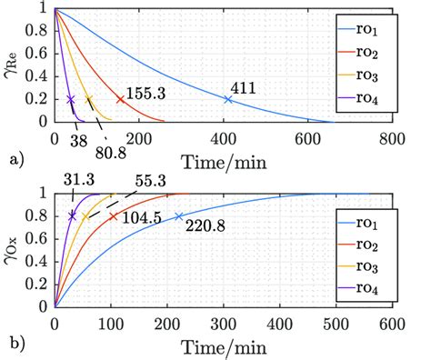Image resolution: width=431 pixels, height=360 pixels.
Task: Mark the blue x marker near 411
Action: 227,99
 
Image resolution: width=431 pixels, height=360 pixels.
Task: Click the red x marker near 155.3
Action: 120,99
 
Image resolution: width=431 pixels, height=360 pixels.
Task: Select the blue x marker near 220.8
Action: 178,216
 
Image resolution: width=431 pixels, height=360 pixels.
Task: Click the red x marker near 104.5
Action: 113,216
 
